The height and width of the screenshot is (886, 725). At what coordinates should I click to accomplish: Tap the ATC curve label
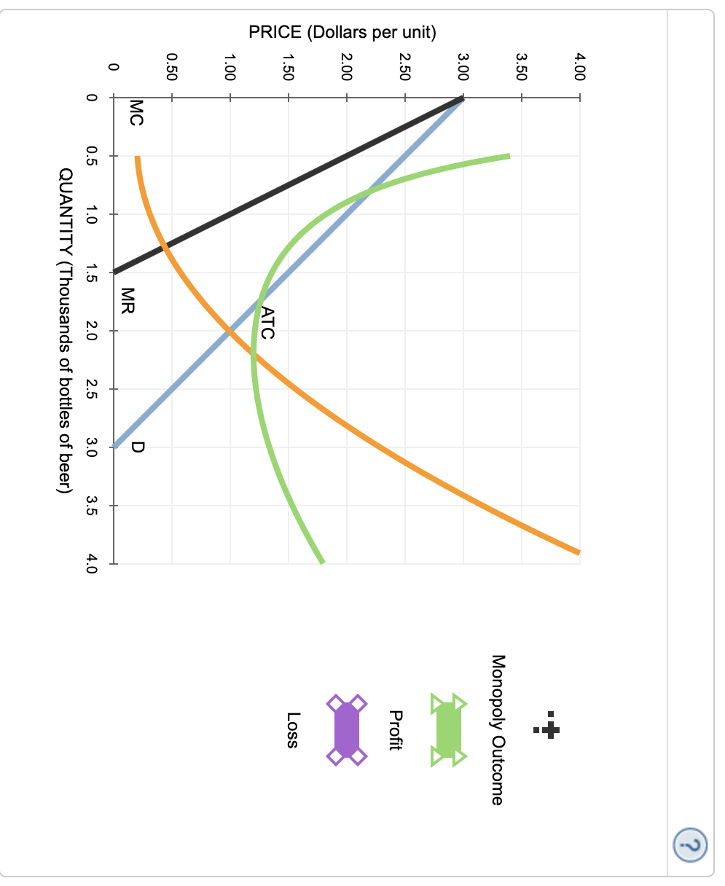pyautogui.click(x=267, y=324)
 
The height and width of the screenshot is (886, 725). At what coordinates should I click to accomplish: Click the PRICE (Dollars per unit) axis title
pyautogui.click(x=342, y=33)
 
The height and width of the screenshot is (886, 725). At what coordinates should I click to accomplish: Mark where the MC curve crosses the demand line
pyautogui.click(x=230, y=332)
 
